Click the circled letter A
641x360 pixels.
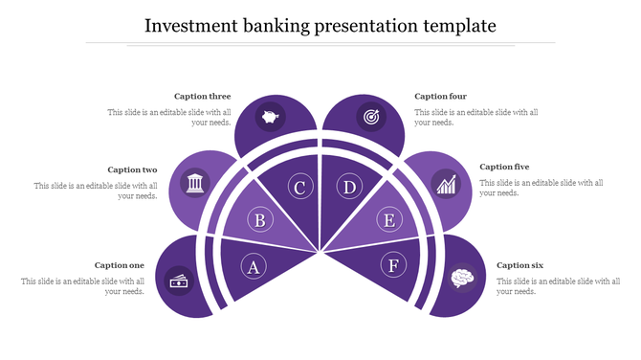pyautogui.click(x=254, y=266)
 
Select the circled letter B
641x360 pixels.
pyautogui.click(x=259, y=221)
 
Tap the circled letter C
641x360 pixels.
pyautogui.click(x=299, y=188)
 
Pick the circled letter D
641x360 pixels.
pyautogui.click(x=350, y=188)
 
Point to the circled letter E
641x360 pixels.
pyautogui.click(x=388, y=221)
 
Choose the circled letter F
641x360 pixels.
pyautogui.click(x=393, y=264)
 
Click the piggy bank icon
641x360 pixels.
pyautogui.click(x=271, y=119)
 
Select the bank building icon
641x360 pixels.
pyautogui.click(x=195, y=183)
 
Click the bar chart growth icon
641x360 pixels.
pyautogui.click(x=445, y=183)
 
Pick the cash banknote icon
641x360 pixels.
pyautogui.click(x=179, y=281)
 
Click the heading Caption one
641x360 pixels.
pyautogui.click(x=120, y=265)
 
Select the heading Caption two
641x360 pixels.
pyautogui.click(x=132, y=169)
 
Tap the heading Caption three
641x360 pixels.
pyautogui.click(x=202, y=96)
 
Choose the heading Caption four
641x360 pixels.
pyautogui.click(x=440, y=96)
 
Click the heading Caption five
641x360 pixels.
pyautogui.click(x=504, y=167)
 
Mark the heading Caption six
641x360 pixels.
pyautogui.click(x=520, y=265)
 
